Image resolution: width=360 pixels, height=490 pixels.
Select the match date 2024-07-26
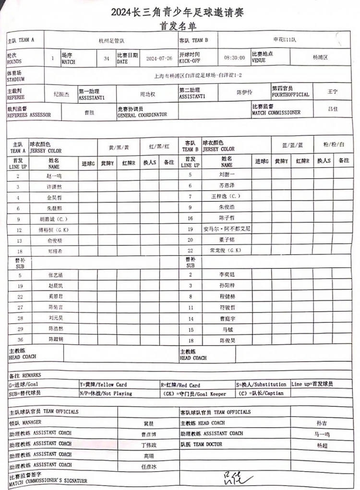pyautogui.click(x=158, y=58)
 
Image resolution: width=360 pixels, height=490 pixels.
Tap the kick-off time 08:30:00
pyautogui.click(x=234, y=58)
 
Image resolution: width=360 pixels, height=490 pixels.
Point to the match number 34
pyautogui.click(x=106, y=58)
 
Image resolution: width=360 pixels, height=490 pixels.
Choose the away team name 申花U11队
pyautogui.click(x=282, y=40)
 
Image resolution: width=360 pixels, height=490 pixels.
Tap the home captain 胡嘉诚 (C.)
pyautogui.click(x=54, y=219)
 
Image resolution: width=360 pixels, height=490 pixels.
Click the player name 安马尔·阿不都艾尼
pyautogui.click(x=227, y=229)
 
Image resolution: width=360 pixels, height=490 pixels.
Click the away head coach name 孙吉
pyautogui.click(x=322, y=424)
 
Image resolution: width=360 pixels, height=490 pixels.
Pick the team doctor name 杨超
pyautogui.click(x=322, y=445)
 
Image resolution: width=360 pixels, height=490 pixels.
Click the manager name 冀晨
pyautogui.click(x=148, y=424)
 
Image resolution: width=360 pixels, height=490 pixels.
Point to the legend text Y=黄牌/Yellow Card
pyautogui.click(x=103, y=385)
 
